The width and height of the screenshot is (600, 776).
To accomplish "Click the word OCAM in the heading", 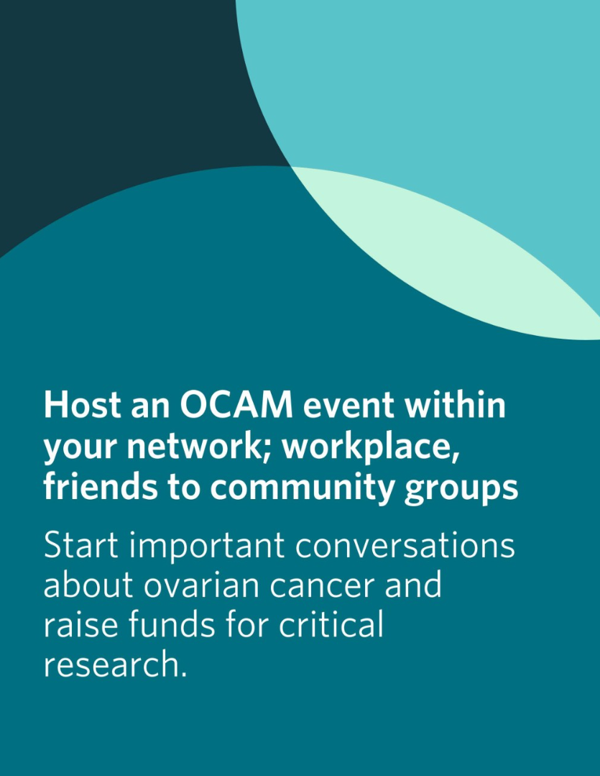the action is (236, 405).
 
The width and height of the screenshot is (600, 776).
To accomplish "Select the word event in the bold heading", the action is (349, 406).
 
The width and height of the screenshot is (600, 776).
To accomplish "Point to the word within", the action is (455, 404).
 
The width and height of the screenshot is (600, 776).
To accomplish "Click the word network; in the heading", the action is (198, 447).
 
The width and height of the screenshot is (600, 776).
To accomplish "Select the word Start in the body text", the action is (80, 546).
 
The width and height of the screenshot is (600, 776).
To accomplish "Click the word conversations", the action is (405, 546).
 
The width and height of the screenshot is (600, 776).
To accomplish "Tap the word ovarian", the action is (202, 585).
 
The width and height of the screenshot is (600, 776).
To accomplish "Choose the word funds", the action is (172, 624).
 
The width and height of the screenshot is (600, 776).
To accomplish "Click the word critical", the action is (331, 624).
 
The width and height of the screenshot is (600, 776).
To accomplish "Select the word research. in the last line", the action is (115, 664).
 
